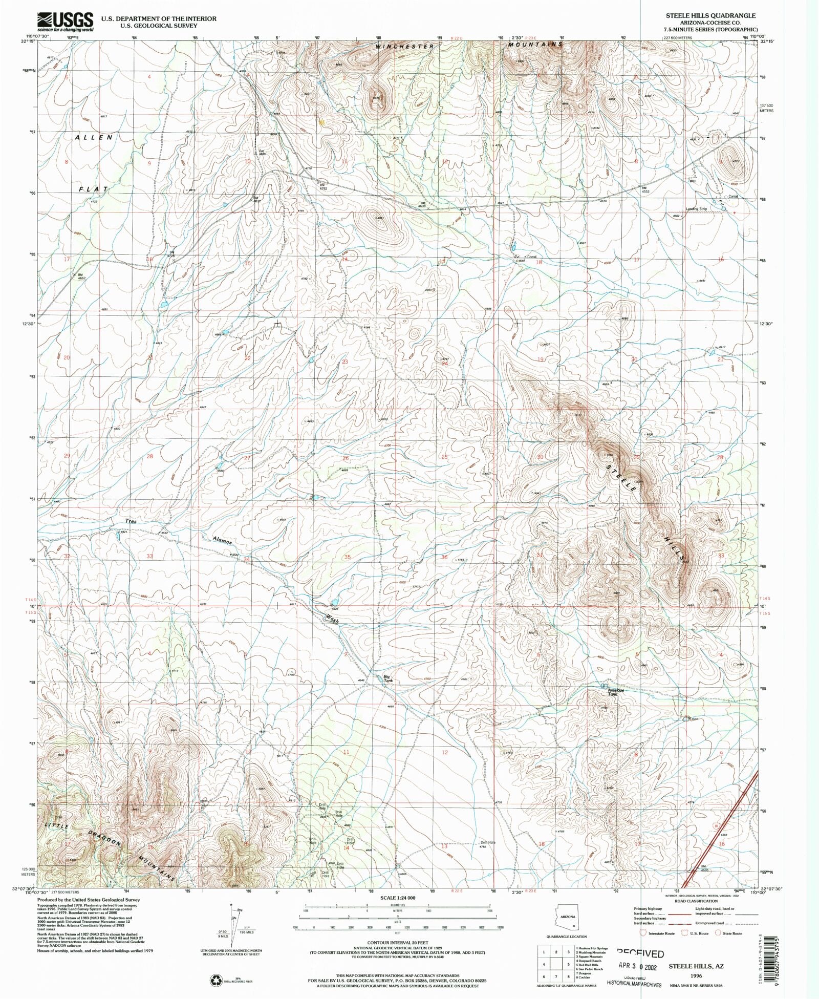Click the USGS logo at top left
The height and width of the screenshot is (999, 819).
[65, 22]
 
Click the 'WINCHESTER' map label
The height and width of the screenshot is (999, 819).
[404, 47]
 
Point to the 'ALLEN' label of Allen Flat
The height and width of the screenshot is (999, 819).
[94, 137]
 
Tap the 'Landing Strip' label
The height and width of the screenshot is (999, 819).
[696, 208]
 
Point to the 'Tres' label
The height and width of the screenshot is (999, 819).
[131, 521]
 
